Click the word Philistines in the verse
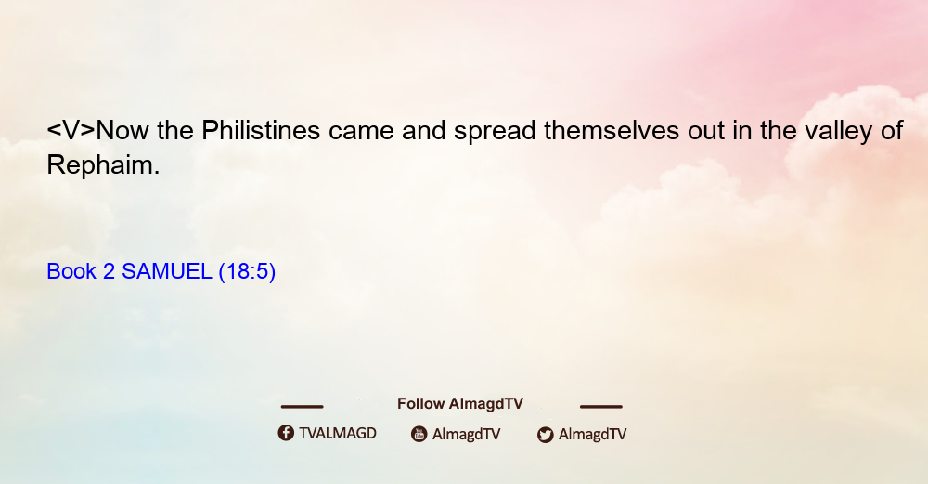point(261,130)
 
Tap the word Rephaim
point(103,164)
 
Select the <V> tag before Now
point(71,130)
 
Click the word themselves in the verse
point(612,130)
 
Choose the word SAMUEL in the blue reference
point(166,271)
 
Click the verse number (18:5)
point(247,272)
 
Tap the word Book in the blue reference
point(71,271)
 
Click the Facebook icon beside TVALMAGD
point(286,433)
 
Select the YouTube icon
point(419,434)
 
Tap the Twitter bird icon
point(545,435)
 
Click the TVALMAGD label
point(338,433)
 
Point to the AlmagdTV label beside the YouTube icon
point(467,434)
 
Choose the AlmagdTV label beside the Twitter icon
point(592,434)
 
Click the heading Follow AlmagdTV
point(460,403)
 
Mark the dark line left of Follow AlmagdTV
point(302,406)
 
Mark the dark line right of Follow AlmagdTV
point(601,406)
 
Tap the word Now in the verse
point(122,130)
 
